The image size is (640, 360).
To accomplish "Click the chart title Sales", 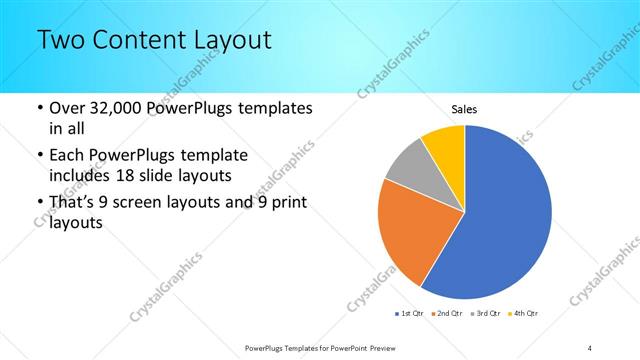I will pos(464,108).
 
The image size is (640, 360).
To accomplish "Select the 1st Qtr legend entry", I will pos(411,314).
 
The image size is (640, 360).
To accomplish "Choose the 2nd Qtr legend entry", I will pos(448,314).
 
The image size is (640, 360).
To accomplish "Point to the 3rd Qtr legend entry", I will pos(485,314).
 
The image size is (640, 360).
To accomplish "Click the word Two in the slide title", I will pos(61,40).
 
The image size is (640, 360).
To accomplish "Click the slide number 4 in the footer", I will pos(590,347).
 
